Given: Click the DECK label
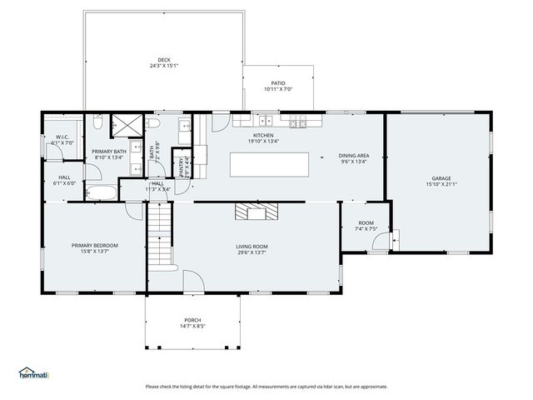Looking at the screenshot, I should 164,60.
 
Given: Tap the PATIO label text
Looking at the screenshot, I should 277,83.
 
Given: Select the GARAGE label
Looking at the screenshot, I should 441,177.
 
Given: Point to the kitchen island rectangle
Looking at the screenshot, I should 276,164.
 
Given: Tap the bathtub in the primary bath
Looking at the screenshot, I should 103,192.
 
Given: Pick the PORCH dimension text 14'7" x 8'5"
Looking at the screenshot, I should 192,326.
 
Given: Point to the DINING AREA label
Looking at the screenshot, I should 354,156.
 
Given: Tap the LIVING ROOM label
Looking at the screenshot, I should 251,245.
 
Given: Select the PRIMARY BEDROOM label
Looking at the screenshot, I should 94,245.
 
